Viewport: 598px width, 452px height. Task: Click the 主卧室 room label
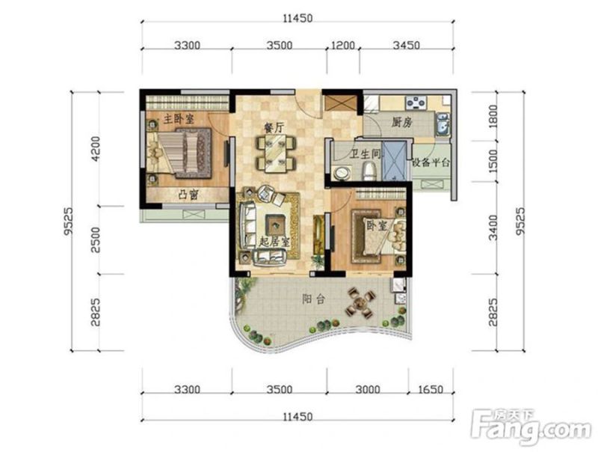(179, 119)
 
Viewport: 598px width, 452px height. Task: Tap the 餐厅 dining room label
(274, 127)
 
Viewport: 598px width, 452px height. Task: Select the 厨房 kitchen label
(402, 122)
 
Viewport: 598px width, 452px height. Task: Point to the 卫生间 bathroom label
(366, 154)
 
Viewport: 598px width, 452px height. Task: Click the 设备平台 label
(431, 162)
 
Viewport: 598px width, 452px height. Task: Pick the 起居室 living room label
(274, 242)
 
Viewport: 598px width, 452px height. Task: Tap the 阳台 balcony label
(313, 299)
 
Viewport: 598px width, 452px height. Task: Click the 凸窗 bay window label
(188, 195)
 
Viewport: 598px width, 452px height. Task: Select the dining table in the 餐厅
(276, 153)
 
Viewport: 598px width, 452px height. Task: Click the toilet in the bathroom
(369, 171)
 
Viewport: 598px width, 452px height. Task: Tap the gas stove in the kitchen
(416, 102)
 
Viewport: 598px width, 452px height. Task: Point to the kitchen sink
(442, 123)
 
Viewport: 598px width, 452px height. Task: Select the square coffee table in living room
(275, 225)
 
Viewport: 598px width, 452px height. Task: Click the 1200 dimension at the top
(343, 46)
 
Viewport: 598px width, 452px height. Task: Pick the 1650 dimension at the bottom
(431, 389)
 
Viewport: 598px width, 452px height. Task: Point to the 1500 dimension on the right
(493, 162)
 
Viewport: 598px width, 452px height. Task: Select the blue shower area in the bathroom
(395, 161)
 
